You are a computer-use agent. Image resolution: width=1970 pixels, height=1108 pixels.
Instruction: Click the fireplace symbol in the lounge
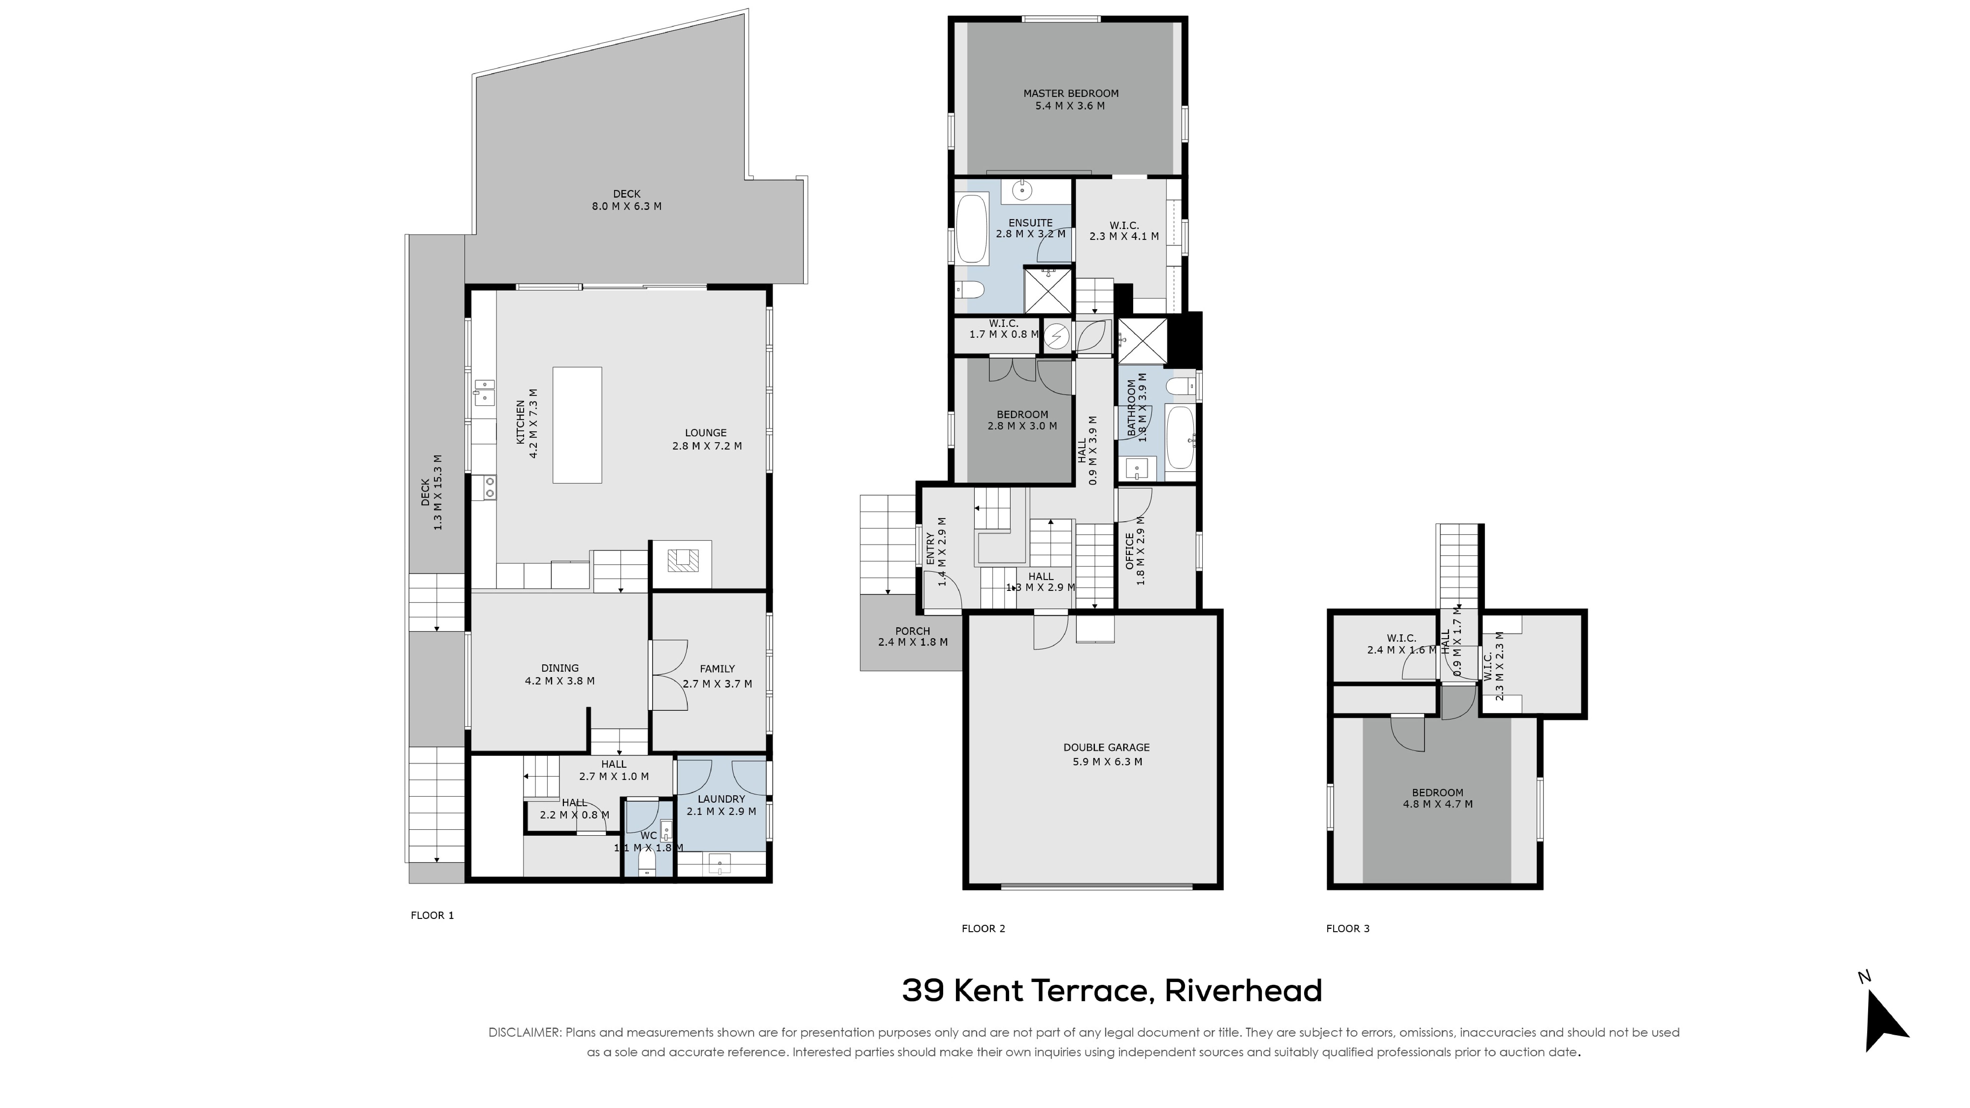coord(682,561)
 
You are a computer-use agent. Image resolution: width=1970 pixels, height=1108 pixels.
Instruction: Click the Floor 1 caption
coord(432,915)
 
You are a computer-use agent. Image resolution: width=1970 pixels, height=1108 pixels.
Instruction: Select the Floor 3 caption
coord(1348,928)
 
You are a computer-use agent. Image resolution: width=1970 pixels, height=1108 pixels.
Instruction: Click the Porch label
coord(912,631)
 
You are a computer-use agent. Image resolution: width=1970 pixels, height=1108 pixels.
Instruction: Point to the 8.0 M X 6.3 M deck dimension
coord(626,207)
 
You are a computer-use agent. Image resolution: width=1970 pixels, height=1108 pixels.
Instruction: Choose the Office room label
coord(1129,551)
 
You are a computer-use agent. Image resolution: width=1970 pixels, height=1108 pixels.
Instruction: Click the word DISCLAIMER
coord(524,1032)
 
